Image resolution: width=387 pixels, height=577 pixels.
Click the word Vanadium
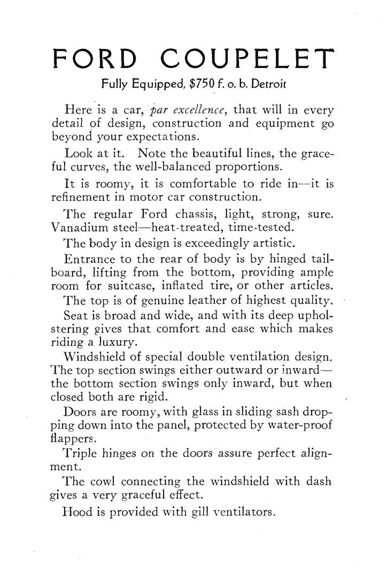pyautogui.click(x=69, y=228)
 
